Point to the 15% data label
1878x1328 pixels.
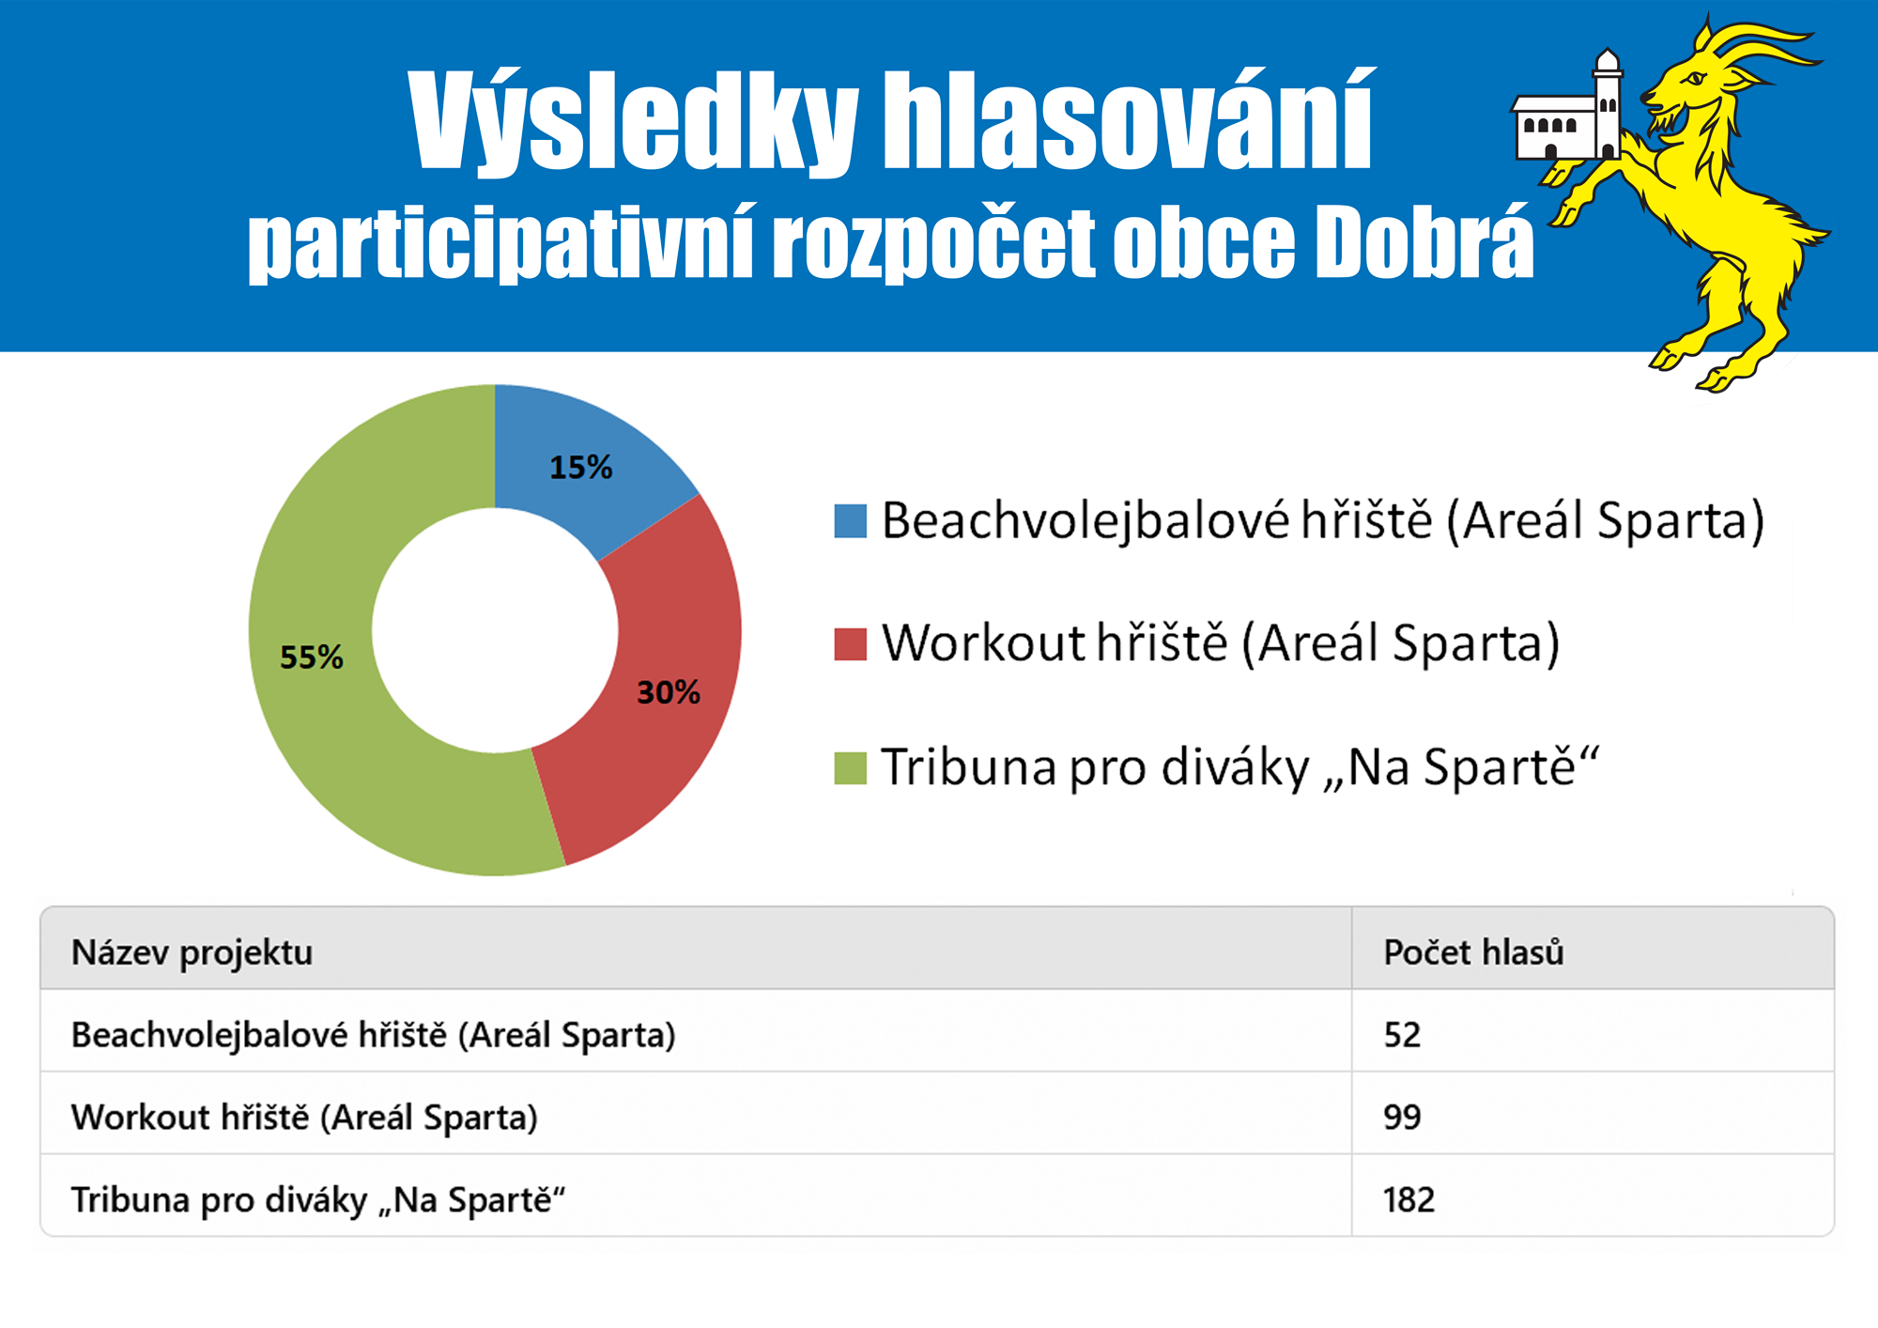coord(580,467)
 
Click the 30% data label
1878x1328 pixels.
coord(669,692)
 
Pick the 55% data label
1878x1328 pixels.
coord(312,656)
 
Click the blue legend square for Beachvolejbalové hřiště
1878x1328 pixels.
coord(850,521)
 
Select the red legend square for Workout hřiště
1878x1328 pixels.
coord(850,644)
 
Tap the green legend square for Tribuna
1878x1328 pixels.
coord(850,767)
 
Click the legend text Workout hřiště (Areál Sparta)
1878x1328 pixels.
coord(1221,644)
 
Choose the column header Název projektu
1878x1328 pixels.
coord(192,953)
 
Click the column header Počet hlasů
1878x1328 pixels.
coord(1473,952)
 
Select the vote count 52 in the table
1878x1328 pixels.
coord(1402,1035)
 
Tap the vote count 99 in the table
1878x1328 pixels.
coord(1402,1118)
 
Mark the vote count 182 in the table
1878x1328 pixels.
coord(1408,1200)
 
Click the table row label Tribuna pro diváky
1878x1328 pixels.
coord(318,1200)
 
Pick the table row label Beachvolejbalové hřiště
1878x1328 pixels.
coord(374,1035)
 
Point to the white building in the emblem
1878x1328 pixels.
coord(1566,108)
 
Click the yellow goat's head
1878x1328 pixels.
coord(1690,85)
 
